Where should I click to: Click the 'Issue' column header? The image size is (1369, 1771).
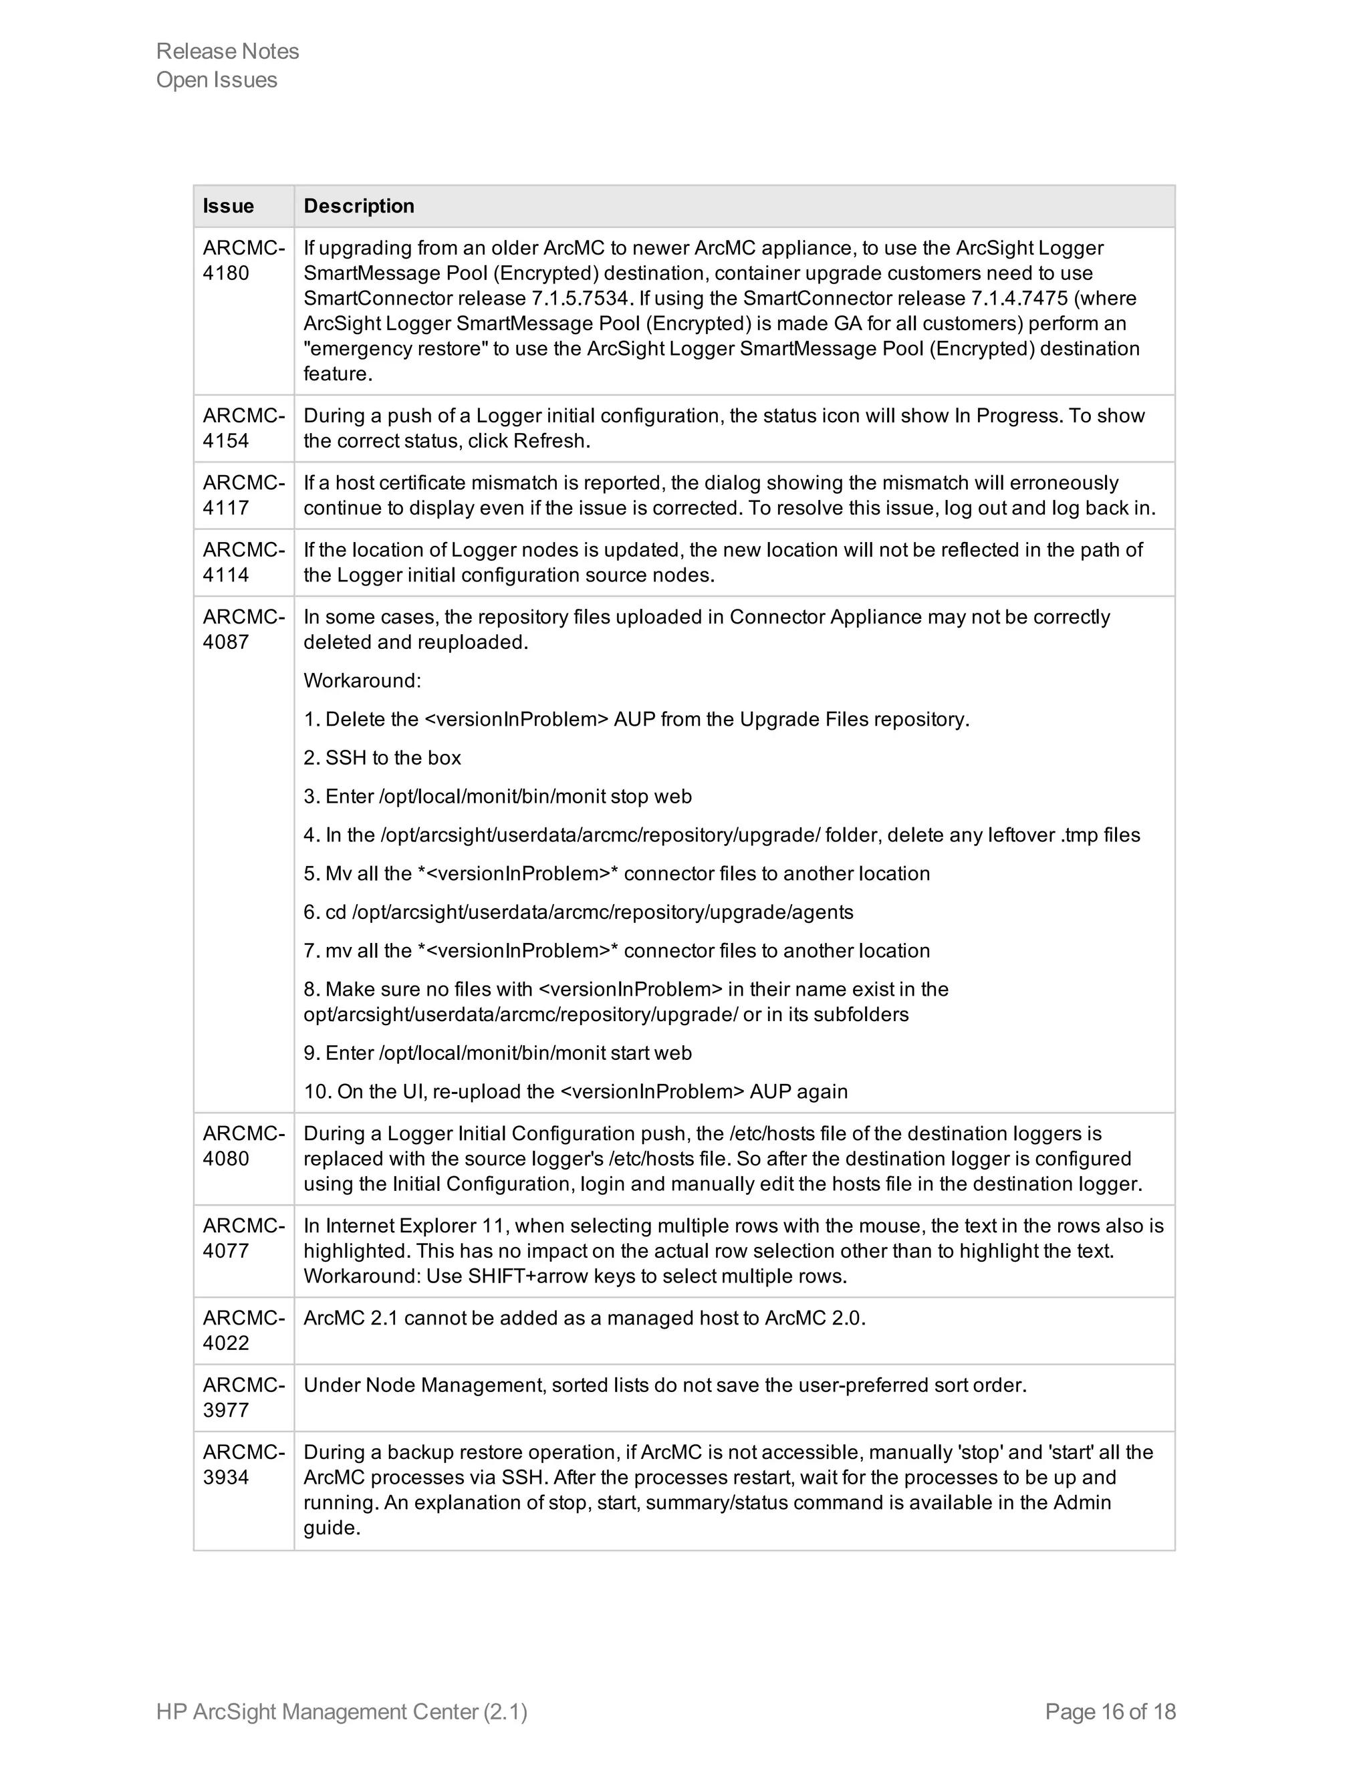(x=228, y=206)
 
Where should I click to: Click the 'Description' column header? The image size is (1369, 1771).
(x=358, y=206)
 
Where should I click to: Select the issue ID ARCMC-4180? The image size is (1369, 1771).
(x=243, y=260)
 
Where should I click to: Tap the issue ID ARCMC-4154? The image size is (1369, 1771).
(x=243, y=428)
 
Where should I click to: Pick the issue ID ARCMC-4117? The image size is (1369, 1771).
(x=243, y=495)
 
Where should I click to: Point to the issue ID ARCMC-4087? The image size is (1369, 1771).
(x=243, y=630)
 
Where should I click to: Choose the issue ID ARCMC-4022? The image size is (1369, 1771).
(x=243, y=1331)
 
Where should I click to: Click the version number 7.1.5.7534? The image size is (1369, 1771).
(x=578, y=299)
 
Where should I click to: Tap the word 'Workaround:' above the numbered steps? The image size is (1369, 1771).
(x=362, y=680)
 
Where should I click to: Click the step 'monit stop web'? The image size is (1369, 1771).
(x=498, y=797)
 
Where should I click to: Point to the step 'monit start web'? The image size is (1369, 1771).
(x=498, y=1053)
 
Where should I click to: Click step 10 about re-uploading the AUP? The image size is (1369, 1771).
(x=576, y=1091)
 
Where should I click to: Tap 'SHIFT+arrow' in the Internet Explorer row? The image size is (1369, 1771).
(x=527, y=1276)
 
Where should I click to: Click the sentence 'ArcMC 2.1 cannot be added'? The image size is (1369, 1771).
(x=584, y=1319)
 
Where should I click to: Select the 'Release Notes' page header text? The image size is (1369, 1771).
(x=227, y=51)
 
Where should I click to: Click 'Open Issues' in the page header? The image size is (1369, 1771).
(x=217, y=80)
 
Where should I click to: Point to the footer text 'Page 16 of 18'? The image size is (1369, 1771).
(x=1110, y=1712)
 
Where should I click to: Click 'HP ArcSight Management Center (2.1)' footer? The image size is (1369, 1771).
(x=342, y=1712)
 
